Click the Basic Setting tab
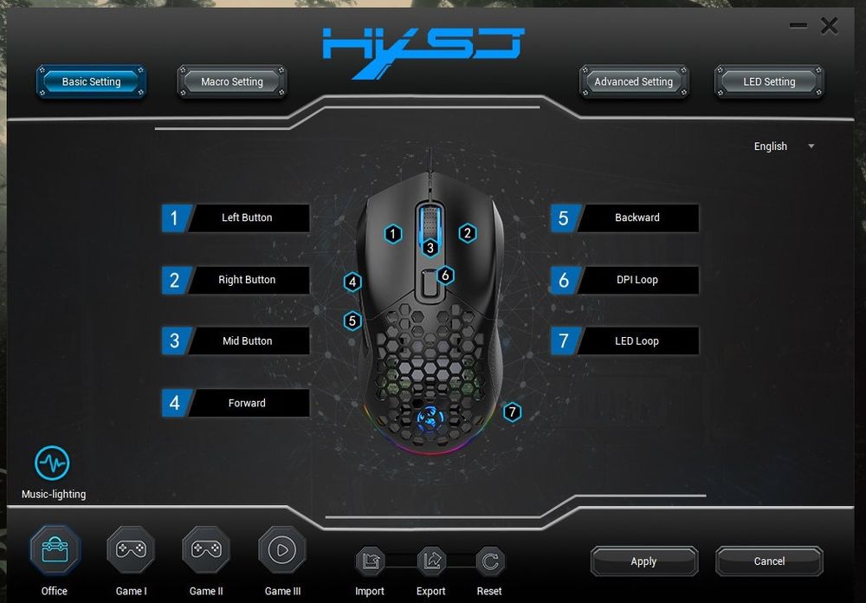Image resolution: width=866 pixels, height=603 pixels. pyautogui.click(x=91, y=81)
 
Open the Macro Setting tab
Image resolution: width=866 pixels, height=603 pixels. pyautogui.click(x=231, y=81)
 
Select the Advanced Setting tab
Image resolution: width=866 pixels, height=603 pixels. pyautogui.click(x=633, y=81)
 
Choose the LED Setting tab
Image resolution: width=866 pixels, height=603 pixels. pyautogui.click(x=769, y=81)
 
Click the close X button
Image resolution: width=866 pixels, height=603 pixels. pyautogui.click(x=829, y=26)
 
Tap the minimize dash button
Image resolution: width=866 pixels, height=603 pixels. pyautogui.click(x=798, y=26)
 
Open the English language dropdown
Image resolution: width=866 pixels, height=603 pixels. pyautogui.click(x=784, y=146)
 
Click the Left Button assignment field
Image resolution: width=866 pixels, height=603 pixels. pyautogui.click(x=247, y=217)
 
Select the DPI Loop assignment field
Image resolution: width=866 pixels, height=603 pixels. pyautogui.click(x=637, y=280)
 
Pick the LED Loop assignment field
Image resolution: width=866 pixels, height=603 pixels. pyautogui.click(x=637, y=340)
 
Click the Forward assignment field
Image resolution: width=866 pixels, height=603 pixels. pyautogui.click(x=247, y=403)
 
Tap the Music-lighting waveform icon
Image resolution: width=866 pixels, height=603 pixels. pyautogui.click(x=52, y=464)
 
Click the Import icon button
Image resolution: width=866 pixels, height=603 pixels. pyautogui.click(x=370, y=561)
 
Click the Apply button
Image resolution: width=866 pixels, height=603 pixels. pyautogui.click(x=643, y=561)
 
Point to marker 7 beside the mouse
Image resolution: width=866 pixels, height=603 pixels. pyautogui.click(x=512, y=412)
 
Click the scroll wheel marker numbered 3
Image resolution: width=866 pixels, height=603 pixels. pyautogui.click(x=430, y=248)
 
